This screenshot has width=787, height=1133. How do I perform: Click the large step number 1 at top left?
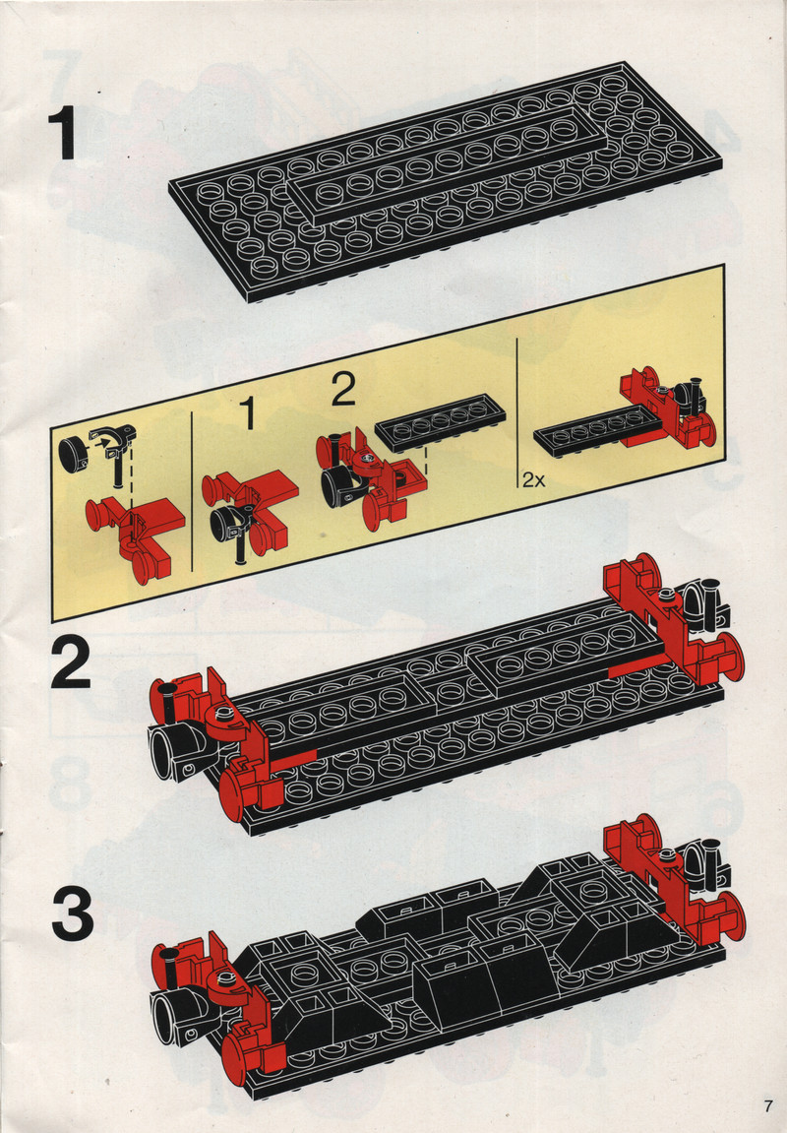click(64, 135)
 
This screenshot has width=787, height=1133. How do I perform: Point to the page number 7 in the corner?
click(767, 1105)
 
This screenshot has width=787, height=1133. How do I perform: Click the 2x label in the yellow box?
click(534, 479)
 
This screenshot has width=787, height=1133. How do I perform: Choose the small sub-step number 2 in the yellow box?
click(343, 391)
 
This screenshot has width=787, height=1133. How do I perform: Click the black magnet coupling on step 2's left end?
click(178, 751)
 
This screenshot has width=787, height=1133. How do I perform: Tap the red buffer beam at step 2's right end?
click(672, 620)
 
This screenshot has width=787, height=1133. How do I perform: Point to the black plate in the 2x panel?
click(593, 430)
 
